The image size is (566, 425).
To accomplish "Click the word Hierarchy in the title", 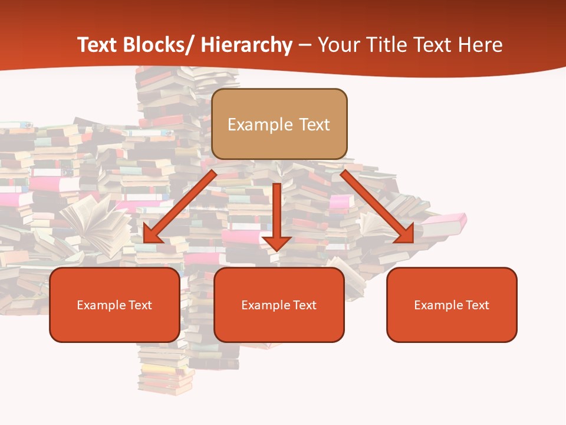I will [x=246, y=45].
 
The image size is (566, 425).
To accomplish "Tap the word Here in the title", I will [x=481, y=45].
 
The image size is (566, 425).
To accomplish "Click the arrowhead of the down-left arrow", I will [x=152, y=234].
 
